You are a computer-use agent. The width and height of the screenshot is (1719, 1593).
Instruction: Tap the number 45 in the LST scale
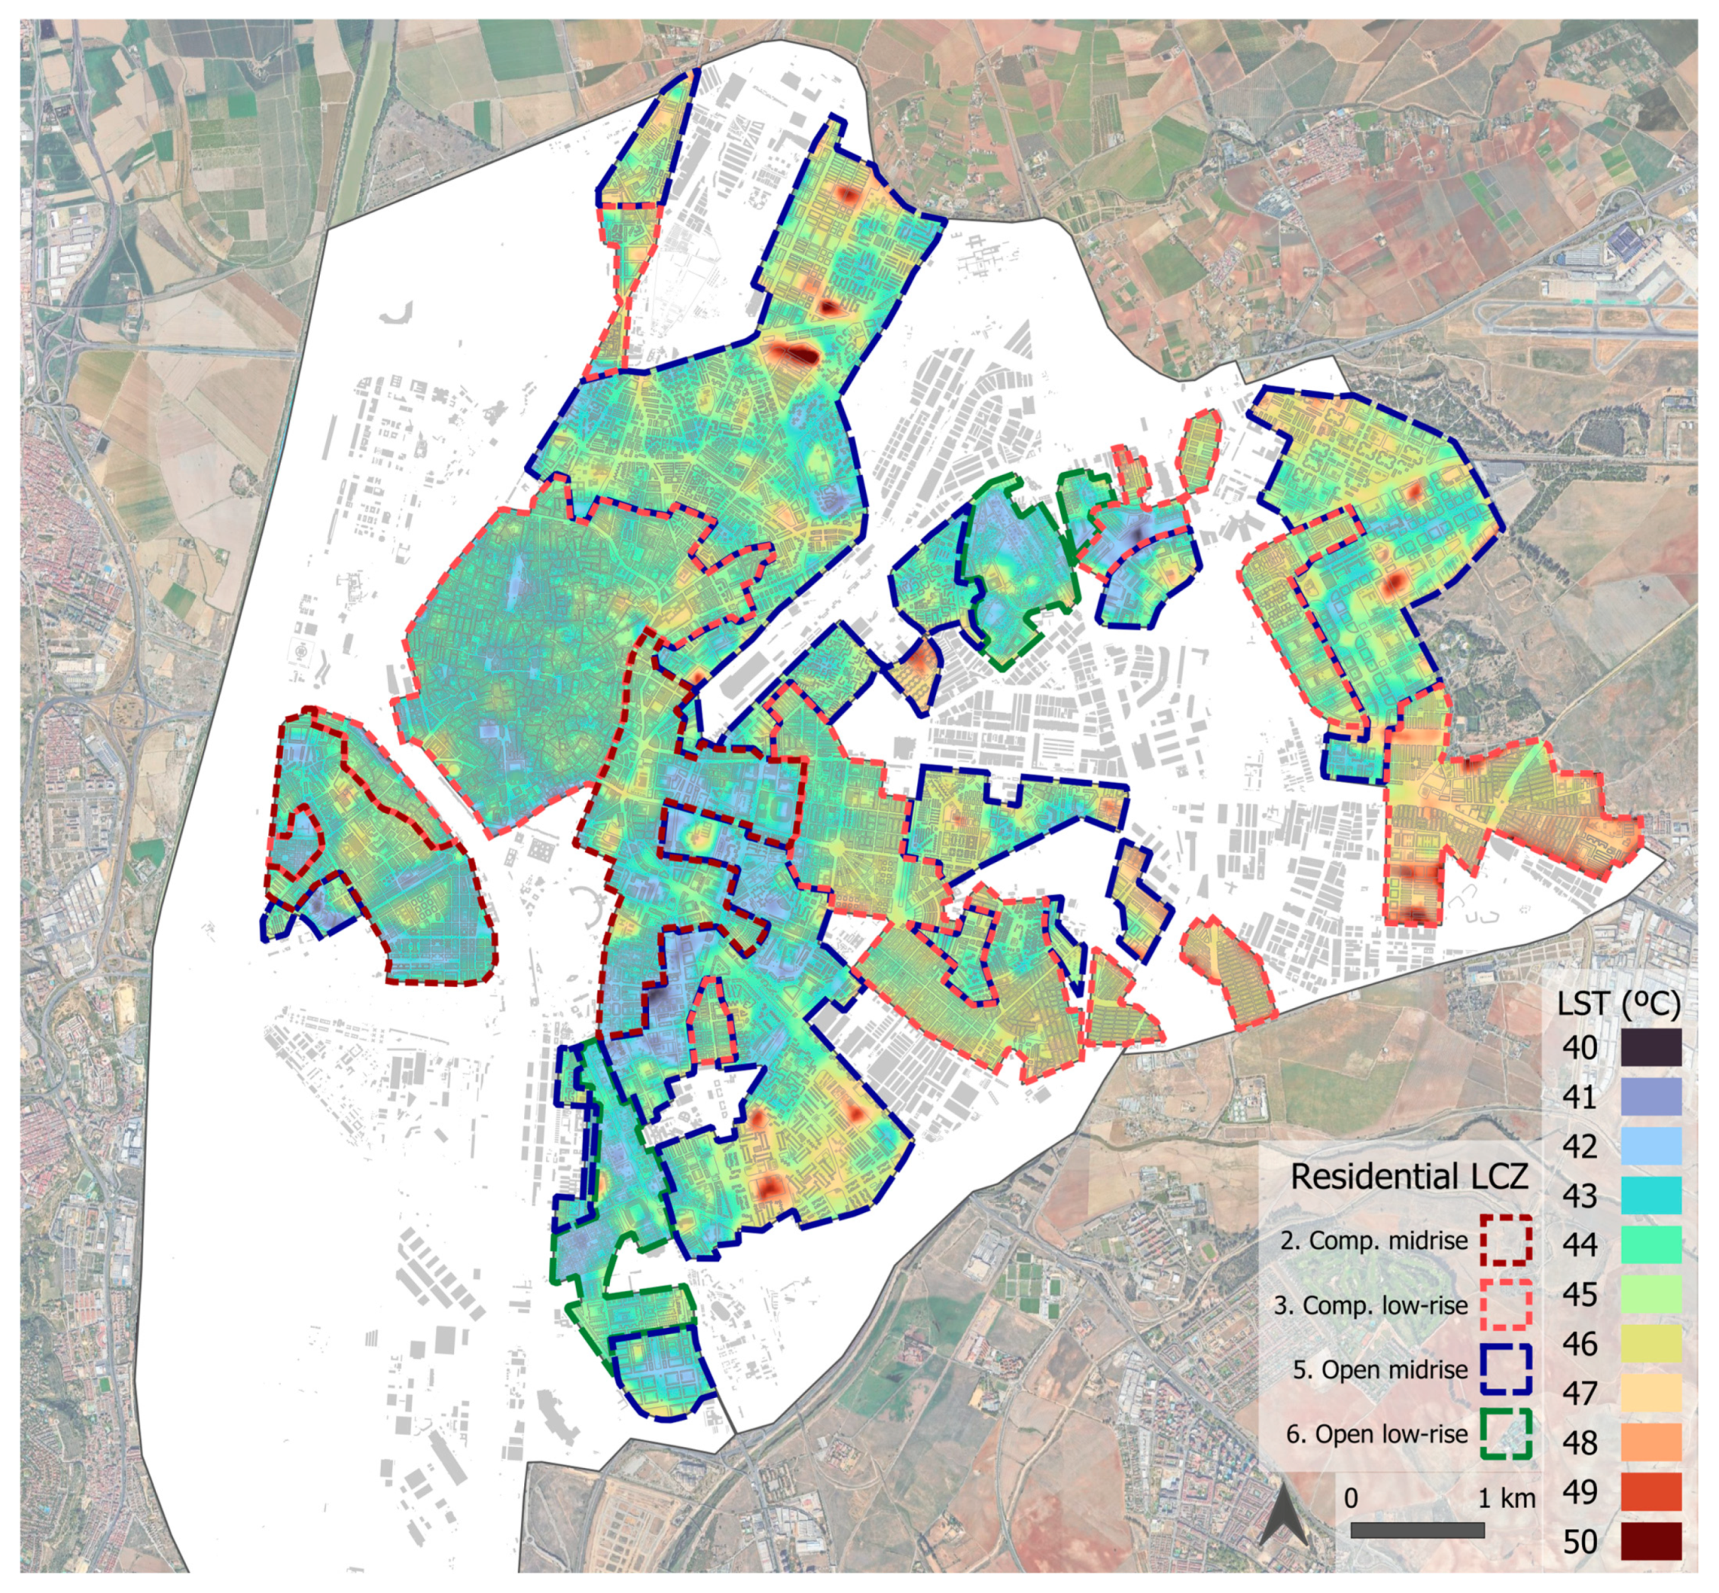click(x=1580, y=1295)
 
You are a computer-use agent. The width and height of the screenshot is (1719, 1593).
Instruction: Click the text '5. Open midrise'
click(x=1379, y=1369)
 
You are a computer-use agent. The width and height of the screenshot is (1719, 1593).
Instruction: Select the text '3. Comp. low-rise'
click(x=1370, y=1305)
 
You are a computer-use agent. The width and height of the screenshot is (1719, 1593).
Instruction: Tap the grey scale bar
click(x=1417, y=1529)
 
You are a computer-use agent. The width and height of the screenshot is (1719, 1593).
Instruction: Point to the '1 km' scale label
click(x=1506, y=1498)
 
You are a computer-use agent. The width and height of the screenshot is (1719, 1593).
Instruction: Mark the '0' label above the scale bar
click(x=1351, y=1498)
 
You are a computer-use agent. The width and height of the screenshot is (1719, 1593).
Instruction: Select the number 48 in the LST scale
click(x=1580, y=1443)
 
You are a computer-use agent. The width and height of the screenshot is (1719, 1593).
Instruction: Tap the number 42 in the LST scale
click(x=1580, y=1147)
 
